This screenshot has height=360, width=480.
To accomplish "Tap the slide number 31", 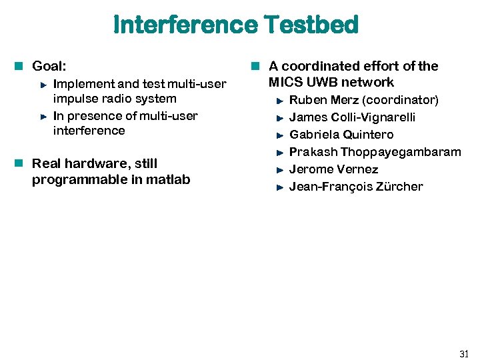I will [464, 353].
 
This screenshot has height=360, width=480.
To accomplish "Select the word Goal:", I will [49, 66].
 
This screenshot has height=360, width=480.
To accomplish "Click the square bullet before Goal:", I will [21, 66].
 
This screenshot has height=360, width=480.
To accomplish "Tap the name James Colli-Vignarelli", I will [352, 117].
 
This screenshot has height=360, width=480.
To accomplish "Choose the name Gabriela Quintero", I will [341, 135].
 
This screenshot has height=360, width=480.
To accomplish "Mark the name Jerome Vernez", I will [333, 169].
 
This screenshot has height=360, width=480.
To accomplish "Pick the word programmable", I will [74, 179].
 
